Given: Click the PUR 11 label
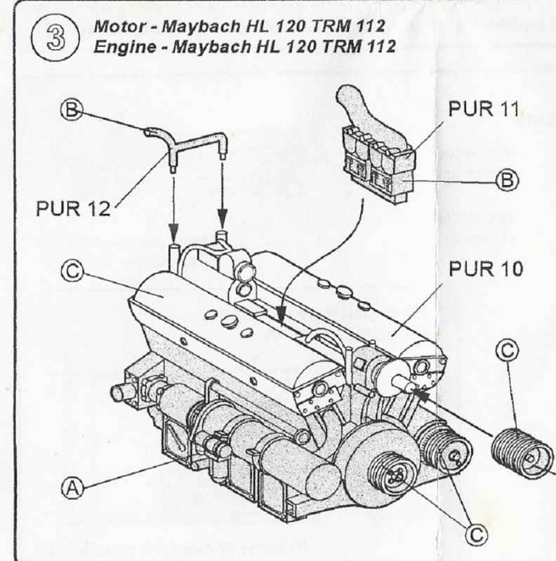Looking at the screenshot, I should [483, 109].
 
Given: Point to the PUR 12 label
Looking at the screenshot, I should [72, 208].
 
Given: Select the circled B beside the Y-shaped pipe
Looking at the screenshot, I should [72, 109].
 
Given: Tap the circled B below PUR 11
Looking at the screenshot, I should [506, 180].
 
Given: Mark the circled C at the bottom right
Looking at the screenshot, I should [477, 535].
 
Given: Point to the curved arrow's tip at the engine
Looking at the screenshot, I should [280, 323].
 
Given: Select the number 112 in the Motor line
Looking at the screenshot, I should [369, 27].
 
